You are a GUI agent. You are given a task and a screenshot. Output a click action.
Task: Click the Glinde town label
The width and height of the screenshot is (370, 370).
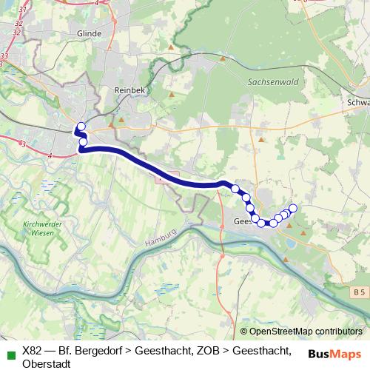89,33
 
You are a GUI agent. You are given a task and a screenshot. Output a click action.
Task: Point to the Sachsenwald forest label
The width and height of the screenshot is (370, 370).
270,83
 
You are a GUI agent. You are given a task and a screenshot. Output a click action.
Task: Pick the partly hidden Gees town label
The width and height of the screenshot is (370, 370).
242,221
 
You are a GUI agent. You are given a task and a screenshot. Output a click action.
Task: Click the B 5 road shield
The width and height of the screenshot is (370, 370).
359,294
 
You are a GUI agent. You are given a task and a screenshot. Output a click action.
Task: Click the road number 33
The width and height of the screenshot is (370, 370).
5,55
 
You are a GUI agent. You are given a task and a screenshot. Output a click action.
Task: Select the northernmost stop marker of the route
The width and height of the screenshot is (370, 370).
81,127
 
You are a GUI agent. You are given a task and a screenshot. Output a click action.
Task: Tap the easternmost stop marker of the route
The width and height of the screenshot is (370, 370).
293,208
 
